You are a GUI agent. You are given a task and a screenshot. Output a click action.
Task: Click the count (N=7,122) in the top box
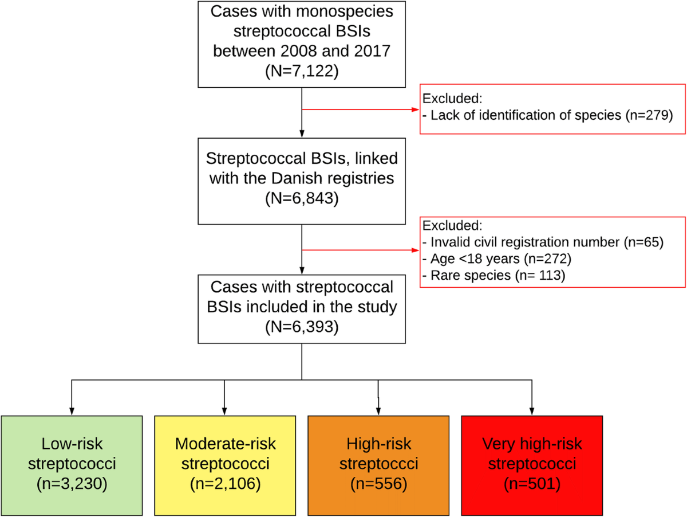tap(302, 71)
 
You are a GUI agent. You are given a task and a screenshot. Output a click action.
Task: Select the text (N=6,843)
tap(302, 198)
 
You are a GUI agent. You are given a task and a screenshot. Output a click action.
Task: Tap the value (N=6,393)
tap(302, 327)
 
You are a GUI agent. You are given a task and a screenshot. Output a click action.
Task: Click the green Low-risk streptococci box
tap(72, 465)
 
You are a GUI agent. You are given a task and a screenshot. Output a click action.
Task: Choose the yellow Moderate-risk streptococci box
tap(225, 465)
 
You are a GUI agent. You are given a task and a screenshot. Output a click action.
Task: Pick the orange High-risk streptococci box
tap(378, 465)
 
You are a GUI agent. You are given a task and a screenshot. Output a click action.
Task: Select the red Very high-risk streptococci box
tap(532, 465)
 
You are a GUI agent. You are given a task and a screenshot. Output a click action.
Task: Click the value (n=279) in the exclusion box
tap(649, 115)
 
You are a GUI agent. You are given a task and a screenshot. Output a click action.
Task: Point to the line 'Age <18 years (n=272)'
tap(497, 259)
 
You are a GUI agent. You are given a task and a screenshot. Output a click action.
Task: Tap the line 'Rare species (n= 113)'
tap(494, 276)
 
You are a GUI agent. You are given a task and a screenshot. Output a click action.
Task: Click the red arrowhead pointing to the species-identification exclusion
tap(415, 109)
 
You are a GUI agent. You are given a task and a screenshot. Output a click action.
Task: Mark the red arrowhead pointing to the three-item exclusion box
tap(415, 250)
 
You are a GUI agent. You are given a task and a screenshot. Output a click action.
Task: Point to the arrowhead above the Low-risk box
tap(72, 412)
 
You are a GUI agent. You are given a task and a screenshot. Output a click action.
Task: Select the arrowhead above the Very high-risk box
tap(532, 412)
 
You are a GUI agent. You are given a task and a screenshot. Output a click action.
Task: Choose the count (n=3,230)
tap(72, 484)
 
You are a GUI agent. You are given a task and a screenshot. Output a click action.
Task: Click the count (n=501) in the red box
tap(532, 484)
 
